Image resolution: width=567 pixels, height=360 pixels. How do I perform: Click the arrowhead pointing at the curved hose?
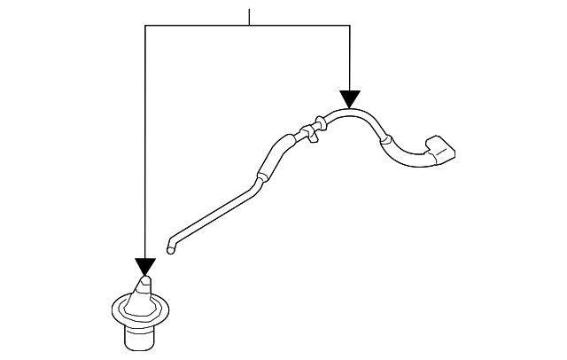pyautogui.click(x=350, y=98)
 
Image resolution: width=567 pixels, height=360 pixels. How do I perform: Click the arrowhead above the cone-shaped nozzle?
pyautogui.click(x=145, y=267)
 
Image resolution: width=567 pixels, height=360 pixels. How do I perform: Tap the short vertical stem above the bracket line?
pyautogui.click(x=250, y=17)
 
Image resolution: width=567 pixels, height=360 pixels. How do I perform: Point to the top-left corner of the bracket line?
pyautogui.click(x=145, y=26)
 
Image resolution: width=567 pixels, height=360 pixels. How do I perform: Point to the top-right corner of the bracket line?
pyautogui.click(x=350, y=26)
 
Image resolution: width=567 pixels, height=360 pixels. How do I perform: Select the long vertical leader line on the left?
pyautogui.click(x=145, y=142)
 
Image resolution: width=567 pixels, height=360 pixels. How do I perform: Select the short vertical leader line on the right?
pyautogui.click(x=350, y=58)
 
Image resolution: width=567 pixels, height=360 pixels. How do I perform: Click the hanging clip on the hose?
pyautogui.click(x=311, y=133)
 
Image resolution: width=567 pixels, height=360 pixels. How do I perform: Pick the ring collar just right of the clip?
pyautogui.click(x=320, y=125)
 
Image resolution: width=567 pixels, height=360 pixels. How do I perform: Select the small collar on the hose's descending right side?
pyautogui.click(x=384, y=140)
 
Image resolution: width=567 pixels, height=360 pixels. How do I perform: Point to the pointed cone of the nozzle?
pyautogui.click(x=144, y=289)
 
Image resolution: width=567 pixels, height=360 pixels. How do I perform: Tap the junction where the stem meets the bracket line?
pyautogui.click(x=250, y=26)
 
